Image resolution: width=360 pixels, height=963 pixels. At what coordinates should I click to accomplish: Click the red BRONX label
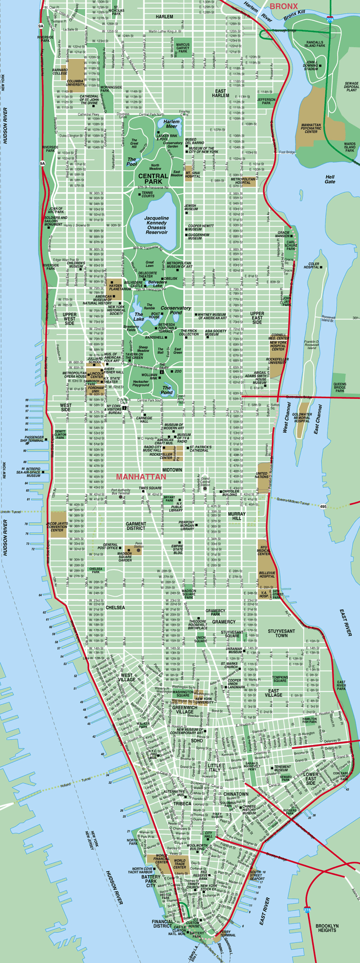click(284, 6)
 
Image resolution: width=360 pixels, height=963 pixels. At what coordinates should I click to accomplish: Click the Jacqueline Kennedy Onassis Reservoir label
click(157, 225)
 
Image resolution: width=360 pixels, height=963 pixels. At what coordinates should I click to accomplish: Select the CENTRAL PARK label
click(153, 179)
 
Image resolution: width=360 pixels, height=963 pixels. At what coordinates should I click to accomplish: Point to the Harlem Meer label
click(171, 124)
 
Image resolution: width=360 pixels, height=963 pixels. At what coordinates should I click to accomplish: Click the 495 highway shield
click(324, 507)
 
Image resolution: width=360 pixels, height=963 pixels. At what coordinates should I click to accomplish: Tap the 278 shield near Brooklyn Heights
click(307, 910)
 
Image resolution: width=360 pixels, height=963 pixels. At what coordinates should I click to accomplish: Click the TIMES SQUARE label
click(150, 488)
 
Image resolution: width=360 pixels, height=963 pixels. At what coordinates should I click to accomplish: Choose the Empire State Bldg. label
click(177, 549)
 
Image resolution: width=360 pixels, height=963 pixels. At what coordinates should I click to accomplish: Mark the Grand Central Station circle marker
click(205, 488)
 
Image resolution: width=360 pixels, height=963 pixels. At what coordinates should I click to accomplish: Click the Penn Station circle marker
click(139, 550)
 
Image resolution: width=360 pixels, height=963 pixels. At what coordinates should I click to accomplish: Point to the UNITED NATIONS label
click(262, 475)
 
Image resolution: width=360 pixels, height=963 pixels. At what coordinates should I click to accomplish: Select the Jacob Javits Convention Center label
click(57, 527)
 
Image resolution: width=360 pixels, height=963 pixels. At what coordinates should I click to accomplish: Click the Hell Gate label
click(330, 179)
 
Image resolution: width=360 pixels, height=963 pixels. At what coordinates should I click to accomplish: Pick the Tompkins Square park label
click(280, 679)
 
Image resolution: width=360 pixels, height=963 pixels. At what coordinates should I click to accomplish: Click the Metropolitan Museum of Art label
click(179, 265)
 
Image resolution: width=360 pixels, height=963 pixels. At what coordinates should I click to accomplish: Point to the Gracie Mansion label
click(283, 234)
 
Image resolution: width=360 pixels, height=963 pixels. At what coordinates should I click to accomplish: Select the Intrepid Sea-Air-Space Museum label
click(28, 472)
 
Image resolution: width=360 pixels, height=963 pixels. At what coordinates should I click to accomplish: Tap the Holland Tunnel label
click(66, 784)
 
